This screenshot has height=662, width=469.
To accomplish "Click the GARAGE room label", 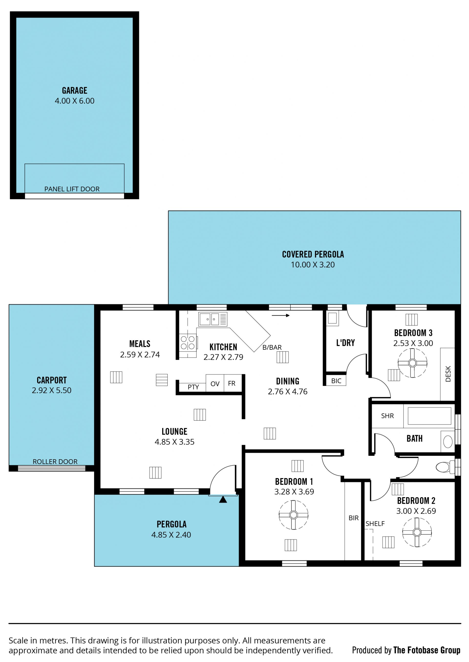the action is point(75,90).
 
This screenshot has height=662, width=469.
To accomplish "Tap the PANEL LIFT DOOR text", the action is point(72,189).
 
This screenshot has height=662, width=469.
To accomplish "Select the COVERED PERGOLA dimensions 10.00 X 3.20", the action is point(313,265).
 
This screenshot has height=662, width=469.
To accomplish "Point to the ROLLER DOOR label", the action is point(55,462).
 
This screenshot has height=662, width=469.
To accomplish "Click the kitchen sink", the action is point(213,319).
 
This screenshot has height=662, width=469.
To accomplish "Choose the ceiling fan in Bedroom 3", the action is point(412,363).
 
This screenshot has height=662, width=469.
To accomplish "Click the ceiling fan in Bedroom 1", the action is point(293,515).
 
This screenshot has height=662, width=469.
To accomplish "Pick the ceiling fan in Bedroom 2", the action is point(417,532).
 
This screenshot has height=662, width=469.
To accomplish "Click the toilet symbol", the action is point(445,467).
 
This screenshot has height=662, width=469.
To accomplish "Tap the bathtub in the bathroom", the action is point(429,416).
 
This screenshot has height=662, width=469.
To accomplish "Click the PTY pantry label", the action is point(193,387).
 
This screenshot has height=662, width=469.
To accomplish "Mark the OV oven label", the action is point(215,384).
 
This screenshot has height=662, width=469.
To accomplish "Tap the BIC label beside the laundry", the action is point(336,381).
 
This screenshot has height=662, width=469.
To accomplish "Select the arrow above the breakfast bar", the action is point(281,315).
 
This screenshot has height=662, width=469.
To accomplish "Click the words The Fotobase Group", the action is point(427,650).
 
